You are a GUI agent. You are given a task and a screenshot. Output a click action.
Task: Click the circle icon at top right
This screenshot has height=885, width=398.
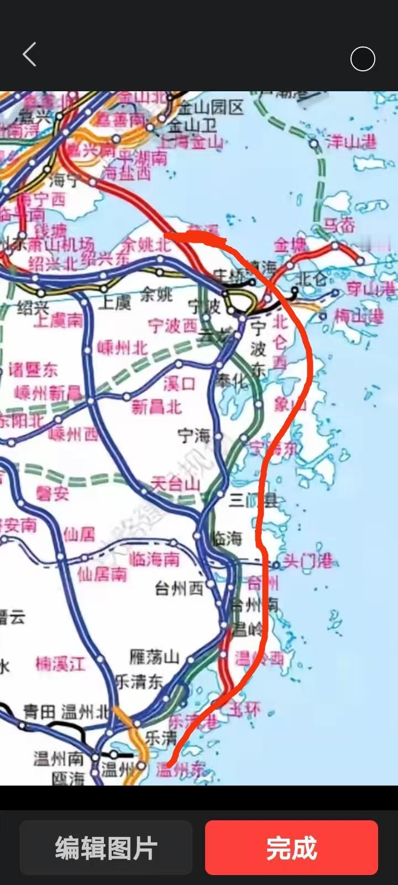click(363, 59)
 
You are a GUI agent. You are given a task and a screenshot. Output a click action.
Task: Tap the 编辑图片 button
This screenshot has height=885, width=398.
click(106, 847)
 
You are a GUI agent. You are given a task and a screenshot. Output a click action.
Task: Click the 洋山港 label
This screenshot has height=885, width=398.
click(351, 142)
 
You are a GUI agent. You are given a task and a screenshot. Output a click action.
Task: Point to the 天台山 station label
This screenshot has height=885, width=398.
click(175, 485)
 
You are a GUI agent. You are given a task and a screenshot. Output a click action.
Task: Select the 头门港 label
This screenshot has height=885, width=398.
click(307, 561)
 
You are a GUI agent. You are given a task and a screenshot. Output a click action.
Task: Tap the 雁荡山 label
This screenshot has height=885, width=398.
click(154, 657)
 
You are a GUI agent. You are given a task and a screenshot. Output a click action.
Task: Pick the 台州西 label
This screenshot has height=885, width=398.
click(179, 589)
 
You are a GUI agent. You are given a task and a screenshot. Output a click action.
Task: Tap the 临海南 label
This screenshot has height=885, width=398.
click(154, 559)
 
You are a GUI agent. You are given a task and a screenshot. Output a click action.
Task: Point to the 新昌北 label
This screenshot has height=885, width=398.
click(156, 407)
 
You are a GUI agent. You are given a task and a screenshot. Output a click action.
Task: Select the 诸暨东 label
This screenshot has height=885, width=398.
click(33, 369)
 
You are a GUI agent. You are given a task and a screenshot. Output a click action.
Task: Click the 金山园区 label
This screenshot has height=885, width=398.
click(211, 107)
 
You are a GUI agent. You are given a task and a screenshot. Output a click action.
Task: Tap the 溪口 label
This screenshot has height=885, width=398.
click(179, 383)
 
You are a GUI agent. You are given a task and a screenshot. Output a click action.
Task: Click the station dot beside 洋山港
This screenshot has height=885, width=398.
click(314, 144)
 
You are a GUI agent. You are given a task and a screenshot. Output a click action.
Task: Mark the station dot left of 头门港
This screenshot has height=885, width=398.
click(276, 565)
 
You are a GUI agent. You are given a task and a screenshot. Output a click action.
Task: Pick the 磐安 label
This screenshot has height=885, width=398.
click(53, 493)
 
